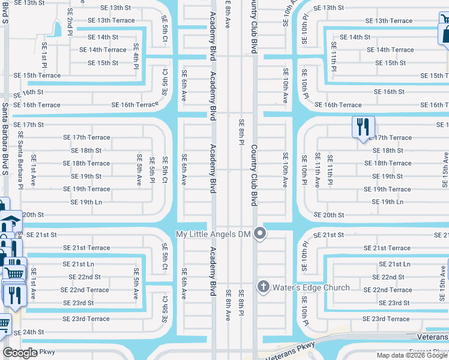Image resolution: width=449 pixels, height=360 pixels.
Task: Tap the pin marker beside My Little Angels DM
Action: click(260, 233)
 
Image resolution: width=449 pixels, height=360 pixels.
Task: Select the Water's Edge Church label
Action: click(311, 287)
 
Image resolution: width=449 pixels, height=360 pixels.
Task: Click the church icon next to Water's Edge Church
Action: click(263, 287)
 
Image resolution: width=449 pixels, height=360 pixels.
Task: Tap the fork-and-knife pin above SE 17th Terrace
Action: click(363, 128)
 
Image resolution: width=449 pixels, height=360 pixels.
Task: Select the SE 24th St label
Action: click(29, 332)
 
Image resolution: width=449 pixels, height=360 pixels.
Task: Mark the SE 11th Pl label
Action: click(333, 57)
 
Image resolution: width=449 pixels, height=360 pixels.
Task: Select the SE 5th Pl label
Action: click(152, 171)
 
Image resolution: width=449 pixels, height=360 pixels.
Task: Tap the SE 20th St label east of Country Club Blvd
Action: click(329, 215)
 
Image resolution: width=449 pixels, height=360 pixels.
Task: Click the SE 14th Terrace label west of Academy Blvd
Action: click(103, 50)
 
